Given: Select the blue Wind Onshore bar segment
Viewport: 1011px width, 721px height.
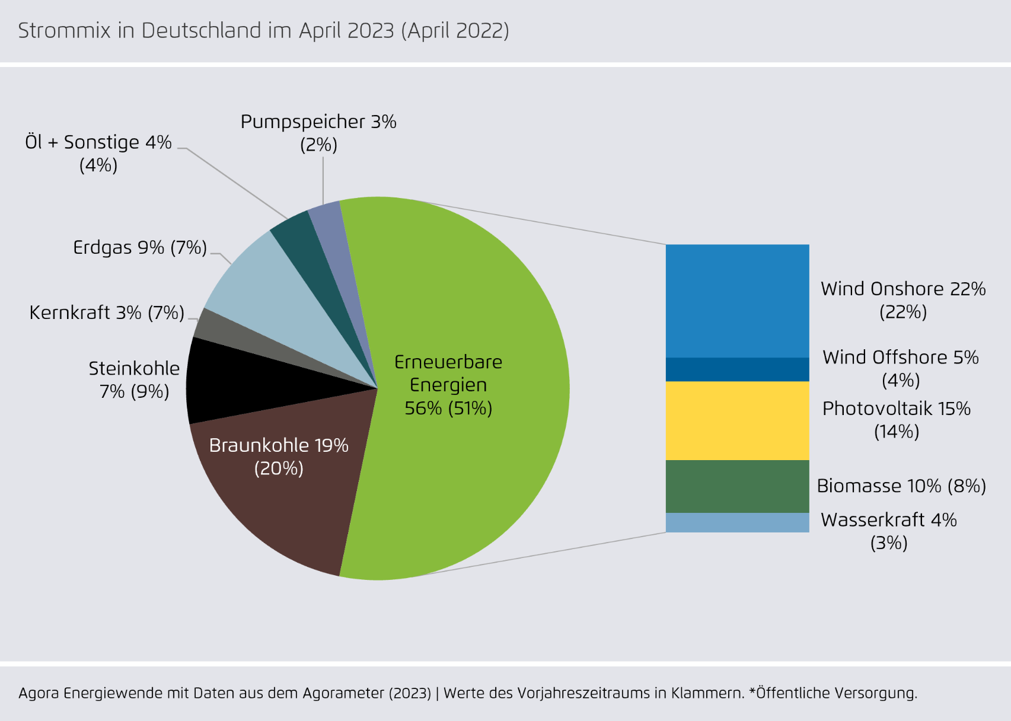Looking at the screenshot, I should pyautogui.click(x=737, y=301).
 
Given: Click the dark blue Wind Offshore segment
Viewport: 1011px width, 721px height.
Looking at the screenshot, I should pyautogui.click(x=737, y=369).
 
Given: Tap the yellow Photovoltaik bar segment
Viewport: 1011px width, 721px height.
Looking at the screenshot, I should pyautogui.click(x=737, y=420).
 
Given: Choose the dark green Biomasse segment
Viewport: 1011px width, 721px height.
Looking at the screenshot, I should pyautogui.click(x=737, y=486).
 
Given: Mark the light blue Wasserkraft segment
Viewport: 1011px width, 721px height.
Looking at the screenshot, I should pyautogui.click(x=737, y=522).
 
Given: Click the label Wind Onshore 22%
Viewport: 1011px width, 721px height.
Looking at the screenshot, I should pyautogui.click(x=902, y=289).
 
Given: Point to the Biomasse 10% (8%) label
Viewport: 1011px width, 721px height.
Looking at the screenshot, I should pyautogui.click(x=901, y=486).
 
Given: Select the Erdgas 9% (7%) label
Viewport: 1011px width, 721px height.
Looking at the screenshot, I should pyautogui.click(x=140, y=247).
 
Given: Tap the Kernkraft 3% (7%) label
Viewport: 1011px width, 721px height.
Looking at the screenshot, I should pyautogui.click(x=107, y=312).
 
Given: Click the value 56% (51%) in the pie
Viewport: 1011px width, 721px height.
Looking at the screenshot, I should pyautogui.click(x=448, y=408).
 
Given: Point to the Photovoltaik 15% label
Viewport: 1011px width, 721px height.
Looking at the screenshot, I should pyautogui.click(x=896, y=409).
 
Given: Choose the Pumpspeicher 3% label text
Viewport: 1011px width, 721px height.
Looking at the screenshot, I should pyautogui.click(x=318, y=122).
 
